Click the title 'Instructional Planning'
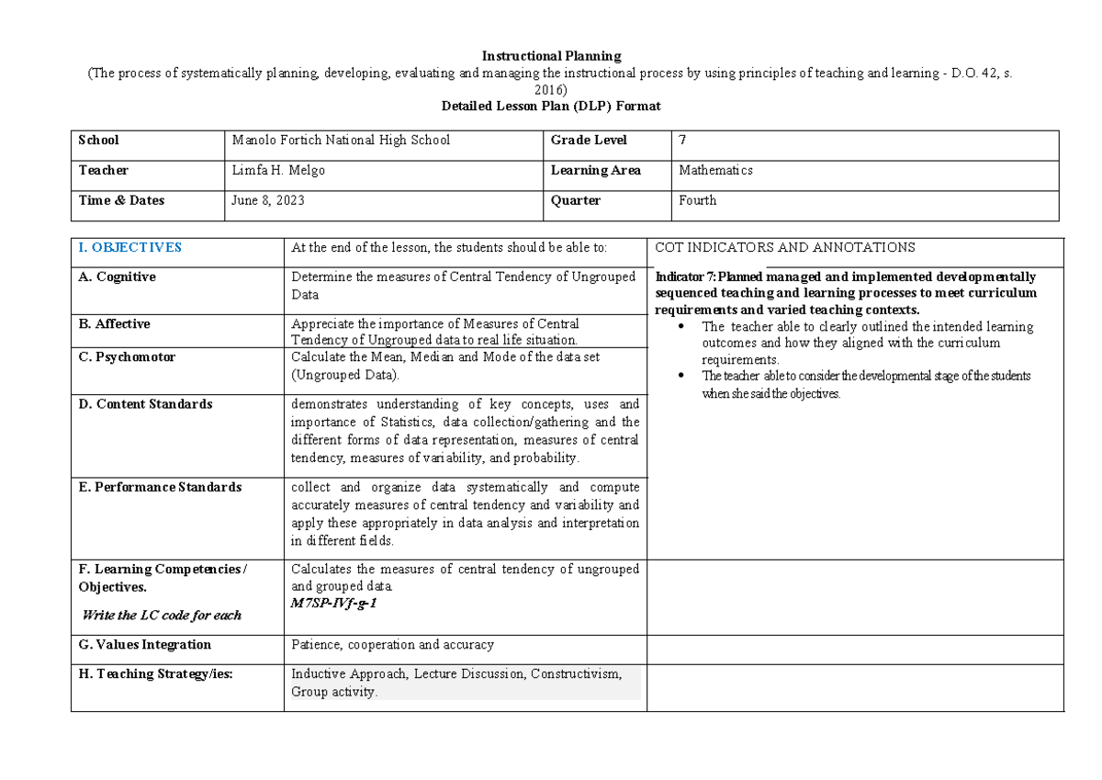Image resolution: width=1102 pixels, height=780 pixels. pos(551,56)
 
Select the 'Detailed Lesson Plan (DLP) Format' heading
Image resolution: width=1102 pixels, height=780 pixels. pos(551,106)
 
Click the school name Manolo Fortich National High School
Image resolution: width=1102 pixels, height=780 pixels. pos(341,141)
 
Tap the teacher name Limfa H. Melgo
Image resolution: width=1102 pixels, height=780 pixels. pos(278,171)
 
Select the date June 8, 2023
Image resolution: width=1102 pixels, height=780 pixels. pos(268,200)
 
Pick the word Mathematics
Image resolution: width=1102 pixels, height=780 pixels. pos(715,171)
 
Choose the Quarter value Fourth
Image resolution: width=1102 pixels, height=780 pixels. pos(697,200)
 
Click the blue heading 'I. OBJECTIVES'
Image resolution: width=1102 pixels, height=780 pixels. pos(130,248)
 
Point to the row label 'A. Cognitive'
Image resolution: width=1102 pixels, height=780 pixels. pos(117,277)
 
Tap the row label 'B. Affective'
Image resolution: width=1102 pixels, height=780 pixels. pos(114,324)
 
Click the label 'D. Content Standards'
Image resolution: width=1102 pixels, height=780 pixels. pos(145,404)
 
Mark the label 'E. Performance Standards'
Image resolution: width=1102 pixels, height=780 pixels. pos(160,487)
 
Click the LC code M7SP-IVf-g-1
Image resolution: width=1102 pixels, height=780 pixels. pos(333,604)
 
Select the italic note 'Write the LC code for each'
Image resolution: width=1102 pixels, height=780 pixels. pos(162,616)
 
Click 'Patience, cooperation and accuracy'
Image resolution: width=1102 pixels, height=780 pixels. pos(392,645)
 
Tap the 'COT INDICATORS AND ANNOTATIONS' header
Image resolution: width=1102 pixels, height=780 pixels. pos(784,248)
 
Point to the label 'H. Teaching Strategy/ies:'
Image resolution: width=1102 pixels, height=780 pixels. pos(156,674)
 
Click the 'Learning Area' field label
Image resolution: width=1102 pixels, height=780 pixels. pos(595,171)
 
